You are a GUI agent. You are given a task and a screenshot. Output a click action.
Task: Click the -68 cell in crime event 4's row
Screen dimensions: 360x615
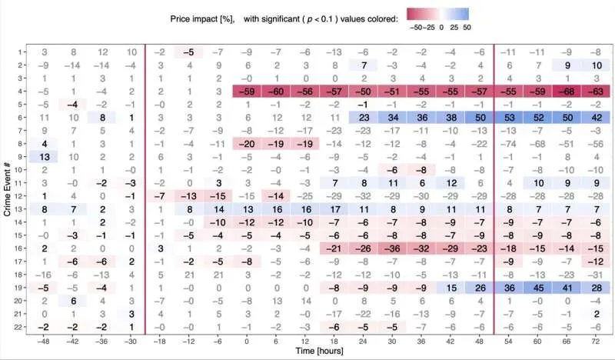coord(567,91)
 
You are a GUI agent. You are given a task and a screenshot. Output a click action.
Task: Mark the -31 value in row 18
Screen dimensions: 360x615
coord(596,275)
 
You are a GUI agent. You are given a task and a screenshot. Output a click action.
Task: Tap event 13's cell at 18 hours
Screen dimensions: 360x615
coord(334,209)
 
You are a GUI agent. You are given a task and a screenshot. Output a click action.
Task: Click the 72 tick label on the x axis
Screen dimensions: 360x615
coord(596,341)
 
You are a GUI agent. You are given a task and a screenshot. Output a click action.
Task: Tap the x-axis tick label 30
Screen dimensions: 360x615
coord(392,341)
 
